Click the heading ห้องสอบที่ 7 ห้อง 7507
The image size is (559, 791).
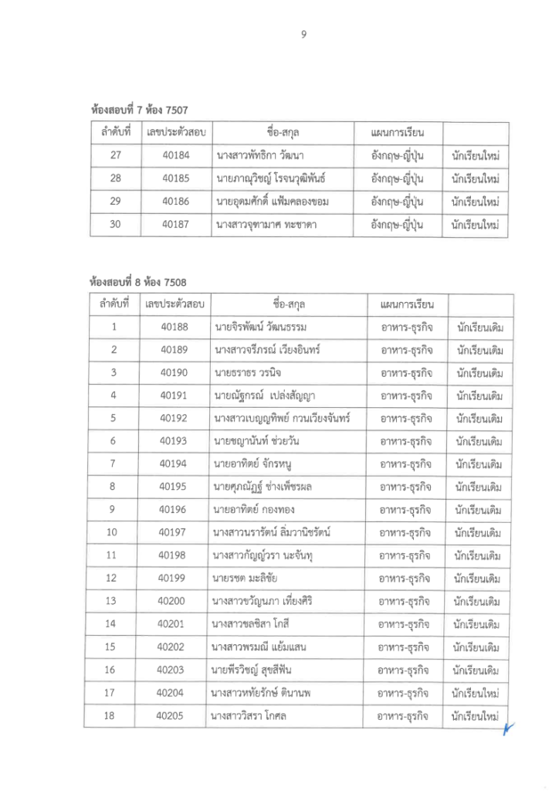[x=140, y=110]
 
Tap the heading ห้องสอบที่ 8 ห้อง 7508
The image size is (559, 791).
[x=138, y=281]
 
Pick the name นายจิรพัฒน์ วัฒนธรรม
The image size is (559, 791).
[x=264, y=327]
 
